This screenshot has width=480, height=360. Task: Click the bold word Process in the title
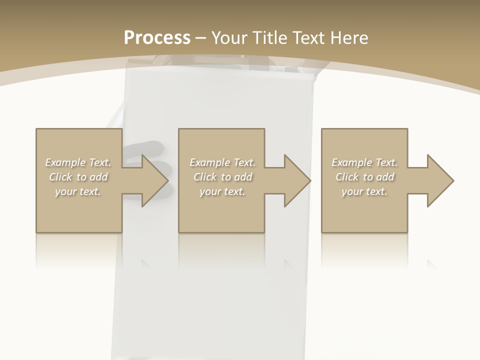tap(157, 38)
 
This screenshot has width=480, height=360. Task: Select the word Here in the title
tap(348, 38)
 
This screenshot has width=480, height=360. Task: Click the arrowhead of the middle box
tap(296, 180)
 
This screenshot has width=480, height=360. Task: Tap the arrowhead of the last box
tap(439, 180)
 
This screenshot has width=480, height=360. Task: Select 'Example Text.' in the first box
tap(78, 162)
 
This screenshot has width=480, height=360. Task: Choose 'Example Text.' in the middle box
tap(222, 162)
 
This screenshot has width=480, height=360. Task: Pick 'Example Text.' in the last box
tap(364, 162)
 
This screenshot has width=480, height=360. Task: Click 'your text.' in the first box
tap(78, 191)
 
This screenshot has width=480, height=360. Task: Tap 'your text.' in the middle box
tap(222, 191)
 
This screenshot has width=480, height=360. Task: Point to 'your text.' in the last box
tap(364, 191)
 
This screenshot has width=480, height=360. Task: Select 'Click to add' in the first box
tap(78, 177)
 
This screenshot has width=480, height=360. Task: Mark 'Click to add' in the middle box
tap(222, 177)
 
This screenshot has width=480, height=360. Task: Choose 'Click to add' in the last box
tap(364, 177)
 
